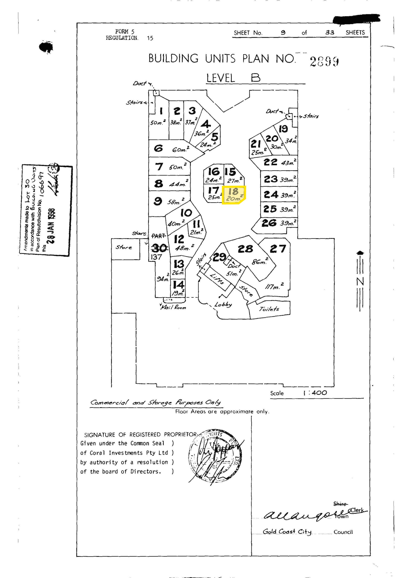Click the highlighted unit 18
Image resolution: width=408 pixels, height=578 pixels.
(234, 194)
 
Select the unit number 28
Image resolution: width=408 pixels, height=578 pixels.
(245, 249)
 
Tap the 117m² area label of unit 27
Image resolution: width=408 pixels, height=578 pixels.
(274, 286)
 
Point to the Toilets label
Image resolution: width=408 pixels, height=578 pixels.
(269, 309)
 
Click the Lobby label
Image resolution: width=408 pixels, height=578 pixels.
(223, 304)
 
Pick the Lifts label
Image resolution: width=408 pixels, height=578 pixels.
(217, 279)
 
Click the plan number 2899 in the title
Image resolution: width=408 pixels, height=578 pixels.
(324, 62)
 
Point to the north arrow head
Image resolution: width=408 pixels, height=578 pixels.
(360, 252)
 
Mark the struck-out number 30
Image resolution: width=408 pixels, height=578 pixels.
(159, 249)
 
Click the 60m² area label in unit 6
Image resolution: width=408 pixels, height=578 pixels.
(180, 150)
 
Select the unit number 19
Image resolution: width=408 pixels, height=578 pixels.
(283, 129)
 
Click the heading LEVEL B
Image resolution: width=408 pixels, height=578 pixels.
(233, 78)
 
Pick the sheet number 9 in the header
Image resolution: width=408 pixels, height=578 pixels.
(283, 33)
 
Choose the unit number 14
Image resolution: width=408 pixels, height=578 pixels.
(179, 285)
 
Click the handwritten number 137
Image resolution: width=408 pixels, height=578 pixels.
(156, 257)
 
